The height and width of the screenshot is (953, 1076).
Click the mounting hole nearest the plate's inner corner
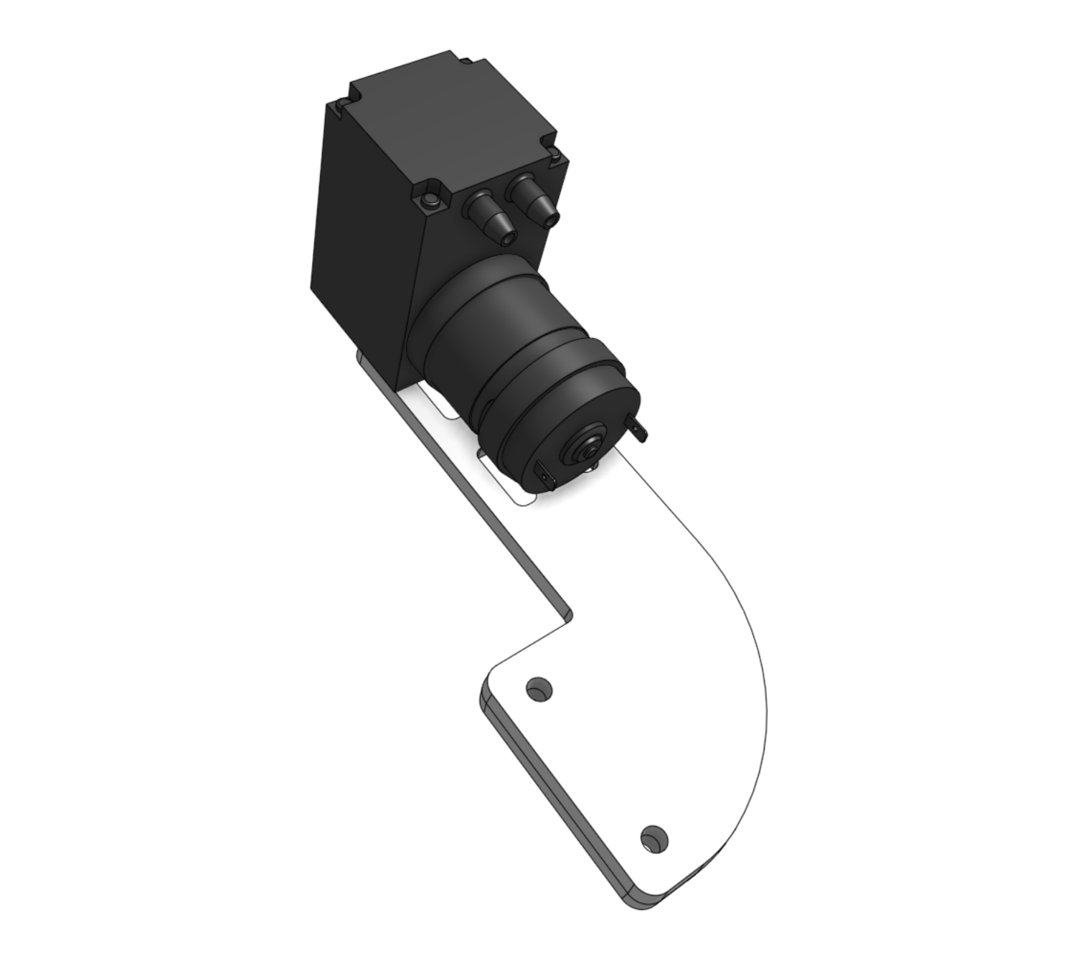point(539,690)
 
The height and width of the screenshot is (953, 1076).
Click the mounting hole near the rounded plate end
point(653,838)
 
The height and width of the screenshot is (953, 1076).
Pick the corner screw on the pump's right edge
point(556,155)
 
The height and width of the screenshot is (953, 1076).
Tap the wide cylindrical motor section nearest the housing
point(488,309)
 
